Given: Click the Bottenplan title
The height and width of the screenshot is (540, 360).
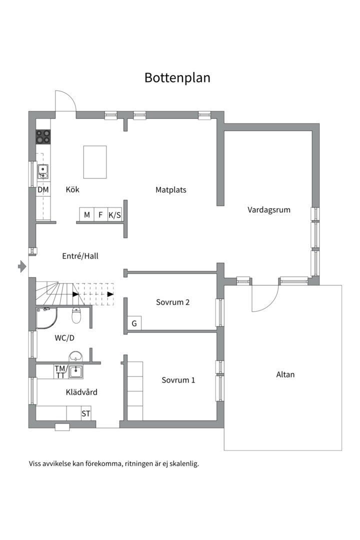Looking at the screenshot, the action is point(177,78).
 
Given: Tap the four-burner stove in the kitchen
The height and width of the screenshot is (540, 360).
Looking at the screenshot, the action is point(43,136).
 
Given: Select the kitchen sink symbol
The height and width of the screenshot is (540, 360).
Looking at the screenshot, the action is point(42,171).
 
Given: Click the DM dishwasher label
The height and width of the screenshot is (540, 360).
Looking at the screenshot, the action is point(43,189).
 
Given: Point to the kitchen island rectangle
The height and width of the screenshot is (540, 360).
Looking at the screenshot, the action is point(94,162).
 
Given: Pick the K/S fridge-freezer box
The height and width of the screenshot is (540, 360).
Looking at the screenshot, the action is point(114,215).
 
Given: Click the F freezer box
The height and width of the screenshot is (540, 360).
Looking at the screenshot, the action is point(100,215).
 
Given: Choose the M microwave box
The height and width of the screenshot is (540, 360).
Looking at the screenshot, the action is point(87,215).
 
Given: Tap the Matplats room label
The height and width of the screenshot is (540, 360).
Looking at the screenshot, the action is point(171,190).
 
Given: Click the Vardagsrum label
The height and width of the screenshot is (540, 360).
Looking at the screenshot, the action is point(268,209).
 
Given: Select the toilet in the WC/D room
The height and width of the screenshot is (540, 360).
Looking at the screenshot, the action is point(76,315).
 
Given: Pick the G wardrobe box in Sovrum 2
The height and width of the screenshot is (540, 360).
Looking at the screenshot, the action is point(134,323).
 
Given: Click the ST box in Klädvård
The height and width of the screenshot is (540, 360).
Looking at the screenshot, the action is point(86,413).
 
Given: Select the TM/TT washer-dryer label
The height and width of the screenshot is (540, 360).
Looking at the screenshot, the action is point(60,372).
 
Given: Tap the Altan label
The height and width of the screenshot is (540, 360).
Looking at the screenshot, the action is point(285,374).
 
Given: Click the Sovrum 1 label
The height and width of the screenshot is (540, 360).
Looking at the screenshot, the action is point(178,380).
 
